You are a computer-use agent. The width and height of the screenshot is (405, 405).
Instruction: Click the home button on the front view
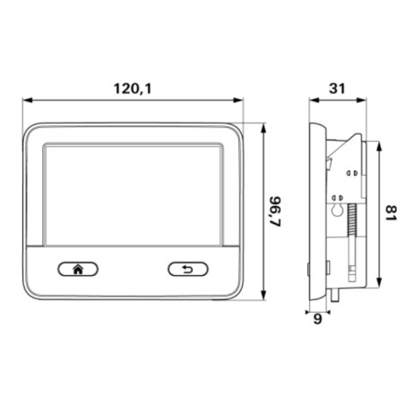[x=78, y=268]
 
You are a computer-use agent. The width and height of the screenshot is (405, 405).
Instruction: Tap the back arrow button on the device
[x=187, y=268]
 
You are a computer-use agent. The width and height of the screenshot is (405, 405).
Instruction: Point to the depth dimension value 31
[x=336, y=90]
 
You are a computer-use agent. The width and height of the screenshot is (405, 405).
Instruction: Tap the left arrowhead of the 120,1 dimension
[x=25, y=100]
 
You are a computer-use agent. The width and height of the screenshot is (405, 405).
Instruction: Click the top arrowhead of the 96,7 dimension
[x=266, y=126]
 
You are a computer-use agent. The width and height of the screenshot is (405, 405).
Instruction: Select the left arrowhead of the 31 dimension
[x=311, y=100]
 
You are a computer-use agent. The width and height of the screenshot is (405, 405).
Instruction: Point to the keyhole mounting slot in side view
[x=338, y=210]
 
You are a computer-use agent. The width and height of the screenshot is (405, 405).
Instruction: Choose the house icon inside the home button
[x=78, y=268]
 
